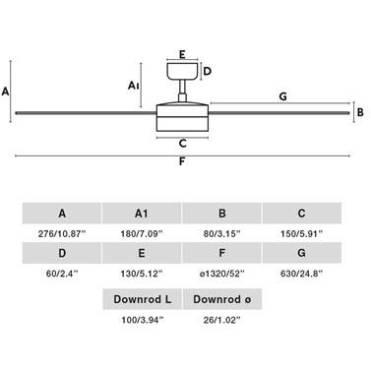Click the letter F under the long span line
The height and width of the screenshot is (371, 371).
pos(182,161)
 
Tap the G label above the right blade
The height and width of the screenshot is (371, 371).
pos(282,96)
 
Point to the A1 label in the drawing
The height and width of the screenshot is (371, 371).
pos(134,86)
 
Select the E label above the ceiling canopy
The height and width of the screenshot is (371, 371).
pos(182,54)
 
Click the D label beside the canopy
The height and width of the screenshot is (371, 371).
pos(208,71)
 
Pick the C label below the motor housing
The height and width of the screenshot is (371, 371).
pos(183,144)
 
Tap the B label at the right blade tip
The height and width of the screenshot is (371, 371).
pos(360,112)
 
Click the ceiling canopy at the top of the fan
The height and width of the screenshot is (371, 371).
pos(182,71)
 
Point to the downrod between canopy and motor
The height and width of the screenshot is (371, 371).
pos(182,91)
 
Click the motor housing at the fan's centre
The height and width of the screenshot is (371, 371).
pos(182,117)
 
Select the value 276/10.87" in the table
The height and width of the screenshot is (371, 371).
pos(62,234)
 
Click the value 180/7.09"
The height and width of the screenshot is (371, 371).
pos(142,234)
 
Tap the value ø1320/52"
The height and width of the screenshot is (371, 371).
pos(221,274)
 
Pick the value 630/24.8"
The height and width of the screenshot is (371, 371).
pos(301,274)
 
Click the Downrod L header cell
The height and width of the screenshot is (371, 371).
pos(142,299)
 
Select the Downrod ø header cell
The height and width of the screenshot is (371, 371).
pos(222,299)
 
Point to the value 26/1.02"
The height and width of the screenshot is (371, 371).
pos(221,320)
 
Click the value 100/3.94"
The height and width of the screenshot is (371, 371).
pos(142,320)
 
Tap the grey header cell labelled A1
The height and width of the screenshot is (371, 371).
pos(142,214)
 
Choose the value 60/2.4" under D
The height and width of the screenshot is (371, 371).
pos(62,274)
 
